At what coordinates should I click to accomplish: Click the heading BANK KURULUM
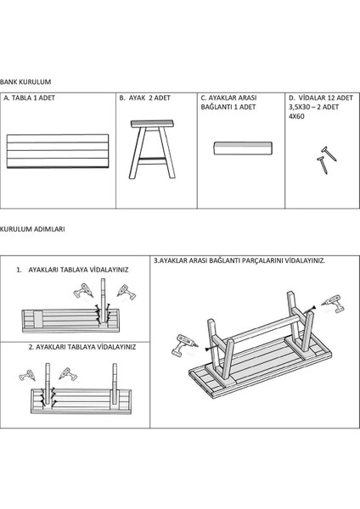point(26,81)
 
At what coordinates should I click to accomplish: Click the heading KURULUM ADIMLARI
point(33,230)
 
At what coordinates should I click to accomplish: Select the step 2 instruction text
point(82,347)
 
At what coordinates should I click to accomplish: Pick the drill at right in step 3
point(333,303)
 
